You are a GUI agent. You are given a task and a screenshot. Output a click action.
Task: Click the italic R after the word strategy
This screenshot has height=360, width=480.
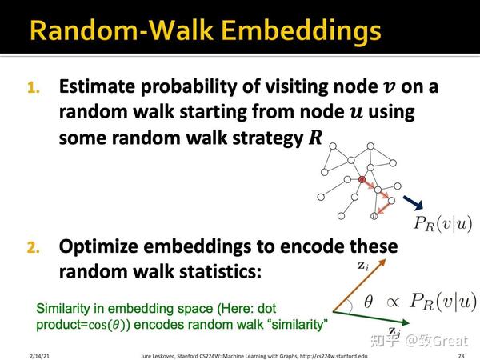pyautogui.click(x=315, y=138)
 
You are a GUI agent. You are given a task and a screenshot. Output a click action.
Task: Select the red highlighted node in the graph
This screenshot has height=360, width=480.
pyautogui.click(x=362, y=181)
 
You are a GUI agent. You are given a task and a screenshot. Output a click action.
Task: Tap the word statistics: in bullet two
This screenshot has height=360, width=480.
pyautogui.click(x=214, y=271)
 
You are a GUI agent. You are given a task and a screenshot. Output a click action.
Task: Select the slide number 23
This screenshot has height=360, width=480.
pyautogui.click(x=462, y=353)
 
